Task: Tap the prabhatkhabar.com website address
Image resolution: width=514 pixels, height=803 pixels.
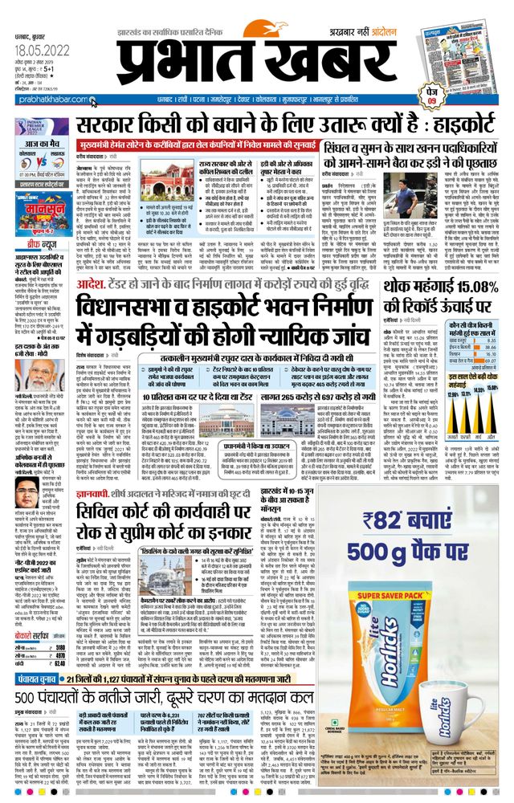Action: tap(41, 103)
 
